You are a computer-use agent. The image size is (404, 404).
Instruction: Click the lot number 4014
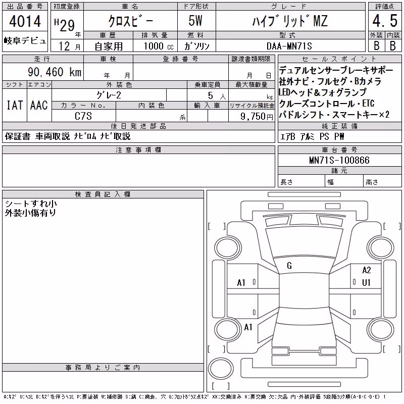click(x=25, y=21)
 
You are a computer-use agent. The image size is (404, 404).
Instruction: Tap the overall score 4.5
click(x=385, y=21)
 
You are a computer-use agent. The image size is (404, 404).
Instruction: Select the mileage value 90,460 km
click(x=55, y=72)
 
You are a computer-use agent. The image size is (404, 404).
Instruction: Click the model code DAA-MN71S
click(x=289, y=46)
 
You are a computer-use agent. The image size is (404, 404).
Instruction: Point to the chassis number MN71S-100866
click(x=339, y=160)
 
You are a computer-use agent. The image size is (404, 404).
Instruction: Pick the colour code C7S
click(x=83, y=116)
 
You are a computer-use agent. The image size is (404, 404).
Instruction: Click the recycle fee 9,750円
click(x=257, y=117)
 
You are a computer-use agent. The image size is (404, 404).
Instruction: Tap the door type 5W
click(x=195, y=21)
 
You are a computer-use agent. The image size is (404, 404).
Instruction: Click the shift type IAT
click(x=15, y=105)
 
